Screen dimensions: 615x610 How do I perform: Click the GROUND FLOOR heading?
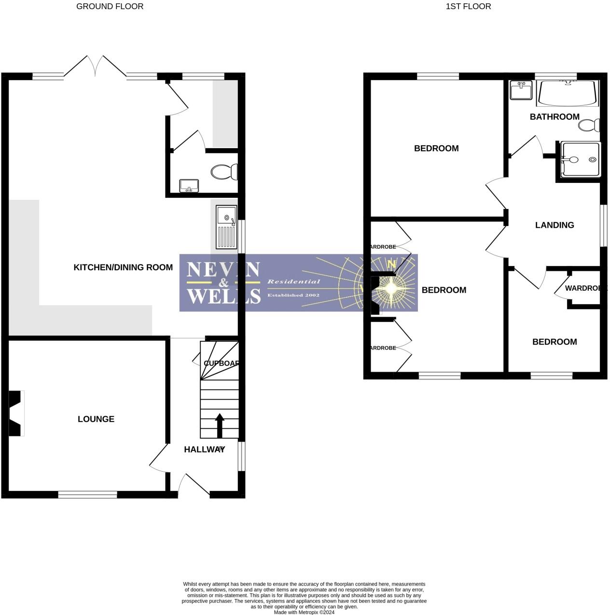110,6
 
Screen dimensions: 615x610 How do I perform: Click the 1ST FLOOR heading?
468,6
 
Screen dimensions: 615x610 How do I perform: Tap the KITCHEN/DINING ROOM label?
123,267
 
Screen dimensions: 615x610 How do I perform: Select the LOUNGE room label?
96,419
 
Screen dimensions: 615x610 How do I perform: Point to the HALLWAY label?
204,449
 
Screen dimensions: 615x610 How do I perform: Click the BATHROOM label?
555,117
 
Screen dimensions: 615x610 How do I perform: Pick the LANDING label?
555,225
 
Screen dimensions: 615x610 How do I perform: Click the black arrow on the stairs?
220,425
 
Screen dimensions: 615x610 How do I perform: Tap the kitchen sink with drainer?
226,227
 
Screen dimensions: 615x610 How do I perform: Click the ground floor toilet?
224,172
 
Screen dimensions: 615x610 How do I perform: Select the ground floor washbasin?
189,185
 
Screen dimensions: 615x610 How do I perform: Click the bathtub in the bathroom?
568,93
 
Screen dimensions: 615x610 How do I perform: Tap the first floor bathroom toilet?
589,126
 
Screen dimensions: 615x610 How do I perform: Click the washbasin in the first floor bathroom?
521,90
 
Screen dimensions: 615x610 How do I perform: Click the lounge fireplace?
15,413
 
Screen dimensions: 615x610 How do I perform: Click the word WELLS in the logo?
223,295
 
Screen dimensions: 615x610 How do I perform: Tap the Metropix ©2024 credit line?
304,612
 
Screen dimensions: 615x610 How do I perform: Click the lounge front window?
87,494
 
